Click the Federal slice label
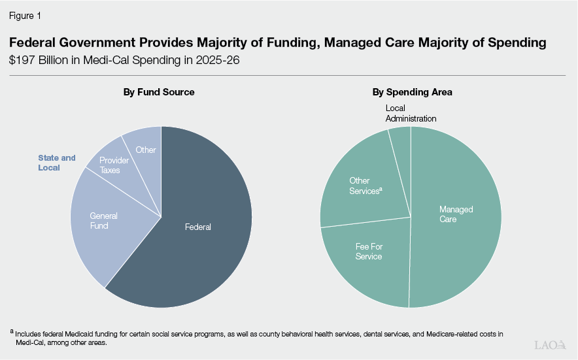point(198,227)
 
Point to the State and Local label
point(57,163)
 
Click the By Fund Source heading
point(159,92)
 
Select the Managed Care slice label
point(456,214)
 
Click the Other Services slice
point(364,186)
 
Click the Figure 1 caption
point(24,14)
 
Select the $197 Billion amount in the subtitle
point(39,61)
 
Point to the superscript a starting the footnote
point(12,333)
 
